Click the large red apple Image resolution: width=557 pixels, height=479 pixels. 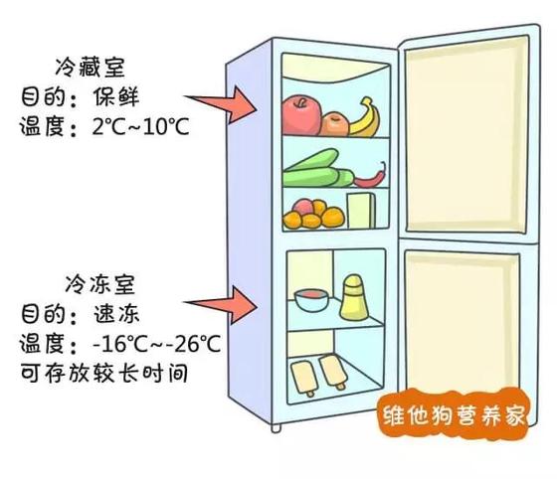[301, 114]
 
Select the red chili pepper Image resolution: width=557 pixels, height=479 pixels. [370, 177]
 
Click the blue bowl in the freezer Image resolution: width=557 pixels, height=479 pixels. [311, 300]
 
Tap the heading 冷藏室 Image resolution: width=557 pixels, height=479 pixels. [91, 68]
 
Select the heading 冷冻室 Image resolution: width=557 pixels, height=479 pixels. [100, 284]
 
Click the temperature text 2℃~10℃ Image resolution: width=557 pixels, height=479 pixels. [140, 126]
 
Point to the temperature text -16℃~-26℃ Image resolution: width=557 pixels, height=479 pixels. [156, 344]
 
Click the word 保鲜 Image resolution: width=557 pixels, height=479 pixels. [116, 96]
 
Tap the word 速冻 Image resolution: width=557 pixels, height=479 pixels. [116, 314]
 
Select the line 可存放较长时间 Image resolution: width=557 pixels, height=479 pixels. [104, 373]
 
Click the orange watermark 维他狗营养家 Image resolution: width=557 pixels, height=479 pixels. [454, 414]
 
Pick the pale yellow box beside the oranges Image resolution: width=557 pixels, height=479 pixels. [361, 211]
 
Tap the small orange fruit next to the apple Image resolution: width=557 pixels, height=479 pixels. [334, 124]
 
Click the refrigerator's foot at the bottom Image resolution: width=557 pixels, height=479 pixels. [277, 427]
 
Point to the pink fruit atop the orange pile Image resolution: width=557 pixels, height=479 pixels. [302, 208]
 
